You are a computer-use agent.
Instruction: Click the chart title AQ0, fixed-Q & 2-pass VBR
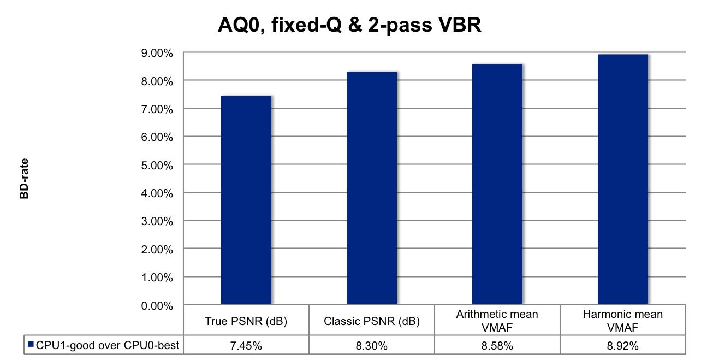point(349,25)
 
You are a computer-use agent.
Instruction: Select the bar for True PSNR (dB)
point(246,199)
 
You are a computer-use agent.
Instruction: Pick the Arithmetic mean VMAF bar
point(497,184)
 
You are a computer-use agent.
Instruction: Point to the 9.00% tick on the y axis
point(157,53)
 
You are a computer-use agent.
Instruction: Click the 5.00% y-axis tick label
point(157,165)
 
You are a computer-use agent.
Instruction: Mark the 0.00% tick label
point(157,305)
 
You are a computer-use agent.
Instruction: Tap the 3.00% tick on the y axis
point(157,221)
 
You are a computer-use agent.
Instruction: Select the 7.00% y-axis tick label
point(157,109)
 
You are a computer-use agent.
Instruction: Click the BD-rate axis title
point(25,179)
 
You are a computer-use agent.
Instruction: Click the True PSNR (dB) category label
point(246,321)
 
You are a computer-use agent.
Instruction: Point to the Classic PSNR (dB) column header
point(372,321)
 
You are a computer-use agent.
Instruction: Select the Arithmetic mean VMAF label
point(497,321)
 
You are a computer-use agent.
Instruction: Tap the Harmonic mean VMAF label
point(623,321)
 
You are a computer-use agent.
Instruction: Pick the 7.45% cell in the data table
point(246,346)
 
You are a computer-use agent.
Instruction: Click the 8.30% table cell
point(372,346)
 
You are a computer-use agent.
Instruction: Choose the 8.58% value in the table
point(497,346)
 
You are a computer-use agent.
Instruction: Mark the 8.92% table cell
point(623,346)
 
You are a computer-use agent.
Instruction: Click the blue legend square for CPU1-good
point(31,345)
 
